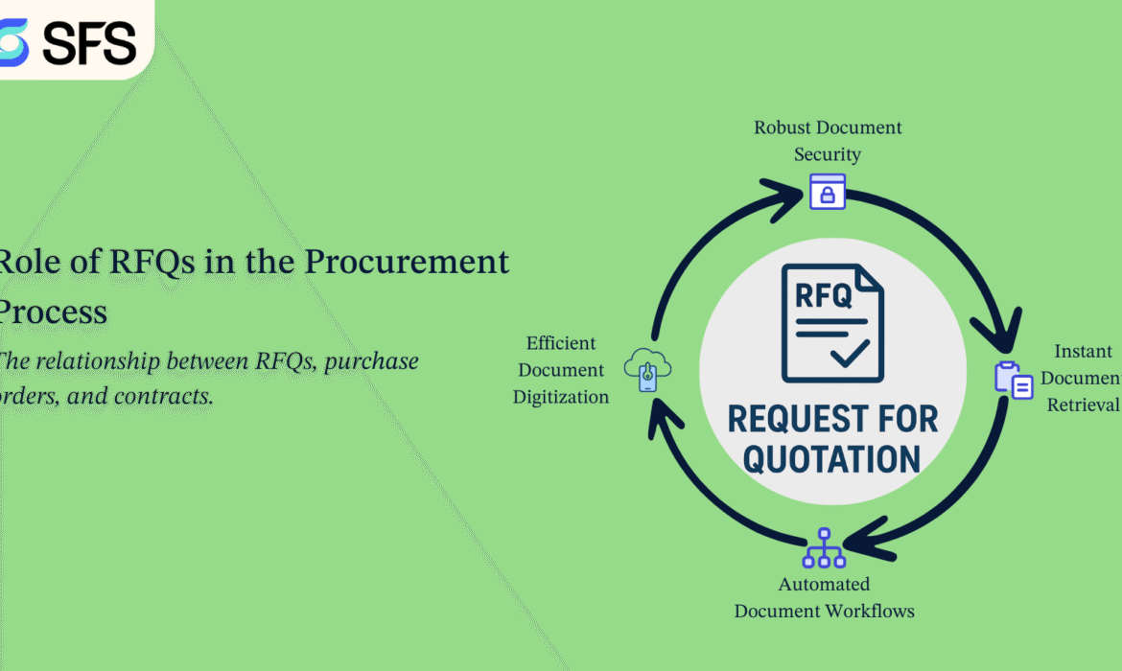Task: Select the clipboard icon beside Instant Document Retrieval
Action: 1014,380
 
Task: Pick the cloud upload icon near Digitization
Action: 647,369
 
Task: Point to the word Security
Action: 828,154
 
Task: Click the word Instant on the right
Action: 1084,351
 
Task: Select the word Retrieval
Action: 1083,405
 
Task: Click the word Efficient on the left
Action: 561,343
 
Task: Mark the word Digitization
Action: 561,397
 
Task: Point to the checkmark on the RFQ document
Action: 850,355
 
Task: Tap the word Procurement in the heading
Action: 407,261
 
